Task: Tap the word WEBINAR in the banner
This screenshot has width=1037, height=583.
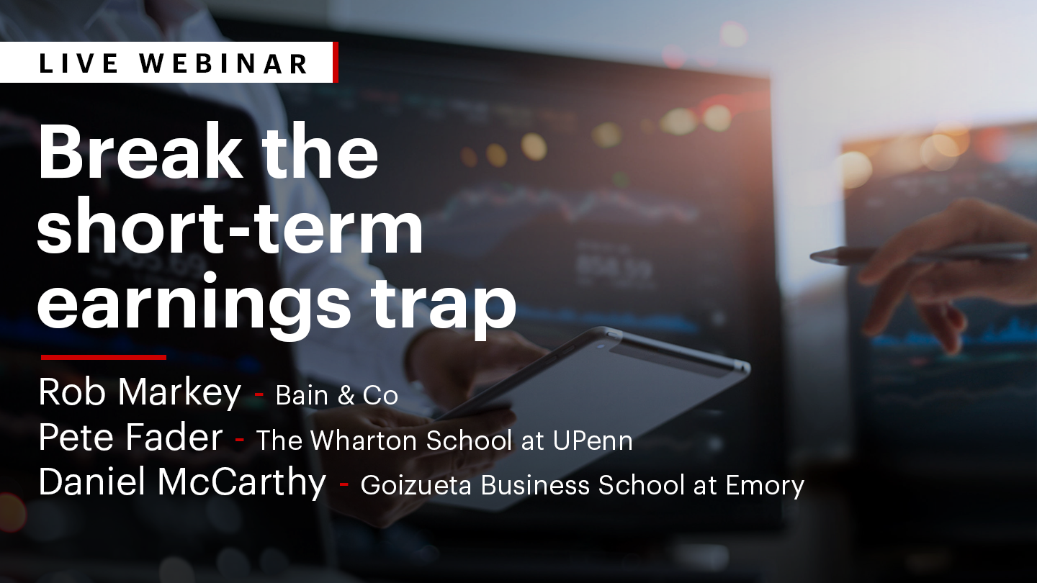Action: coord(225,63)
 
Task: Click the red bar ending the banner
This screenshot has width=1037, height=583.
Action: coord(335,63)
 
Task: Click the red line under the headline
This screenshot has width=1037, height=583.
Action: coord(104,357)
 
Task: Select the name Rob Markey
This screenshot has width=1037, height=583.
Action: coord(140,393)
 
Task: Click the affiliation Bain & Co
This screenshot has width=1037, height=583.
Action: coord(336,396)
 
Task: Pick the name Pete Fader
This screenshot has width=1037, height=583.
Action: coord(130,438)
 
